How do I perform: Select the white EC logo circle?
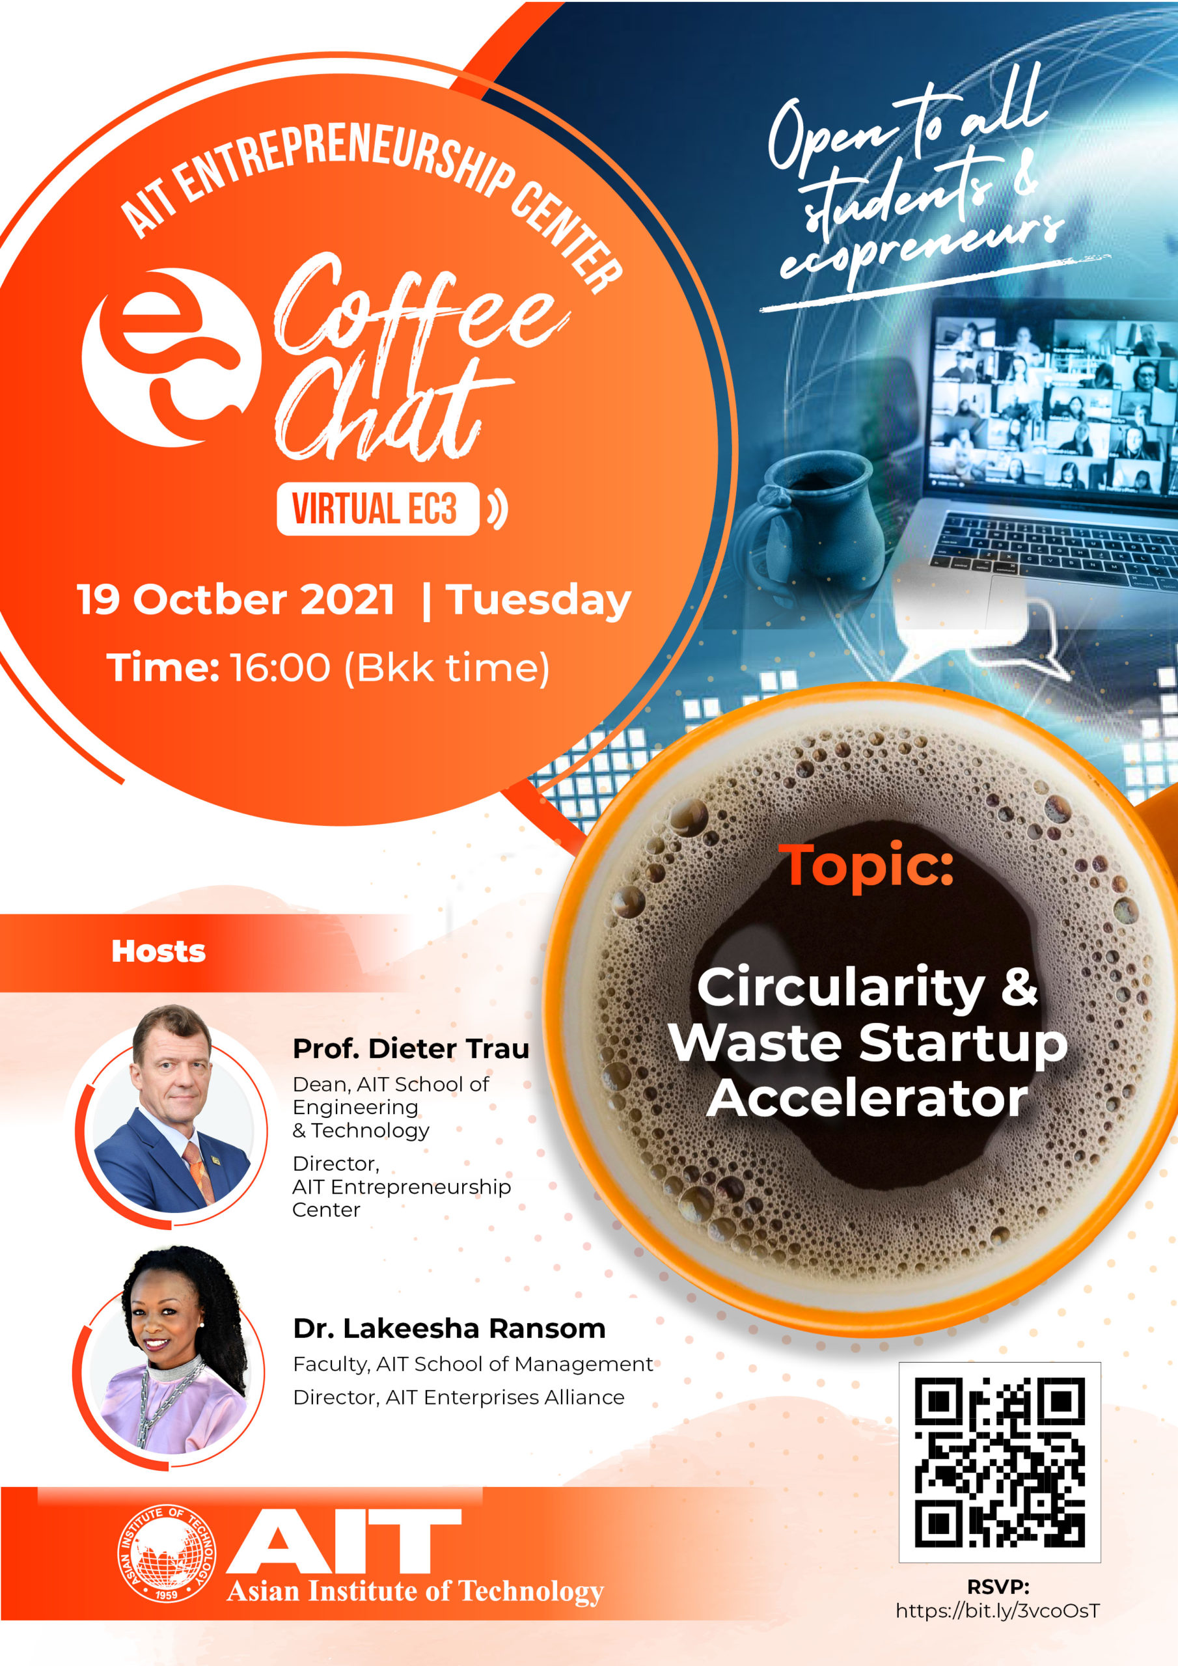171,357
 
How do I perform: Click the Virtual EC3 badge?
377,509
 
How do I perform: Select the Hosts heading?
158,951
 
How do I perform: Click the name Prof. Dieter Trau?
411,1048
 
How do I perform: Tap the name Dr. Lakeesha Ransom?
449,1329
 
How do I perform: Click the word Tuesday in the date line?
538,601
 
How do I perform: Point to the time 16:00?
280,668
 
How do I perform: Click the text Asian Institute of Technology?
415,1591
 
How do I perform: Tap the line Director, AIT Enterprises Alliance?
459,1397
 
